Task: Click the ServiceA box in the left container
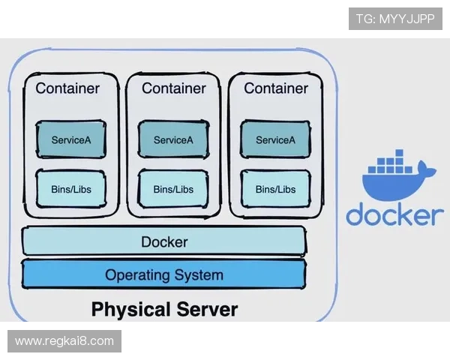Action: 71,139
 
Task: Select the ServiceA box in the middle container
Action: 173,139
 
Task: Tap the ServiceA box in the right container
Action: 275,139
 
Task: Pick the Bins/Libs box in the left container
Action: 71,189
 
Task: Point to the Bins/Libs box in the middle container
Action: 173,189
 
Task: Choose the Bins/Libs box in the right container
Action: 275,189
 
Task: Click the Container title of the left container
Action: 67,88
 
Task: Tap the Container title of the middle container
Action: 173,88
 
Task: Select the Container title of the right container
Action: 276,88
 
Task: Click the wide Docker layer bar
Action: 164,242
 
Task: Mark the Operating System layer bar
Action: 164,274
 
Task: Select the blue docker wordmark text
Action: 394,214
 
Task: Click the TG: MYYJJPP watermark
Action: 395,19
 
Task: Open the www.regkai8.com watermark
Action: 64,341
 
